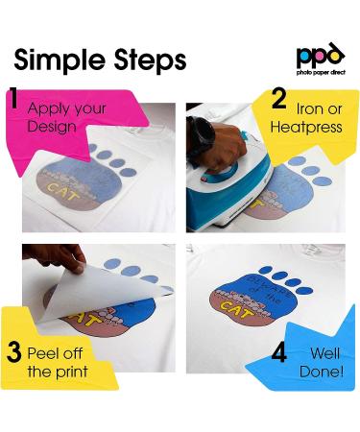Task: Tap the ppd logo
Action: [320, 55]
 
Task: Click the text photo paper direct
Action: [320, 72]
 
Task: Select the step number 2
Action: [279, 100]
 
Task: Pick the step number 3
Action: [15, 352]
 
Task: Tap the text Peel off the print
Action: [59, 361]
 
